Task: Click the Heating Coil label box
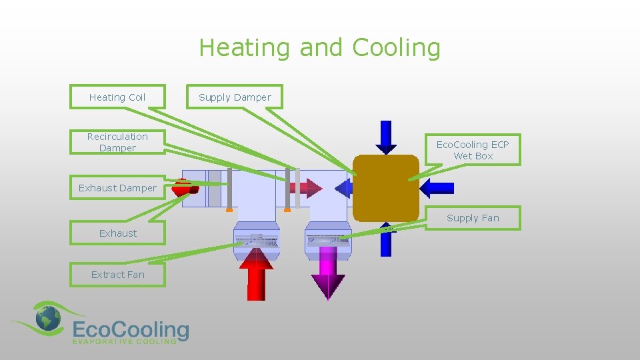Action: point(117,97)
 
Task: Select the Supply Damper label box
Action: point(235,97)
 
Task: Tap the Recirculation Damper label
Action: point(117,142)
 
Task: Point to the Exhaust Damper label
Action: point(117,188)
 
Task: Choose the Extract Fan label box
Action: point(117,275)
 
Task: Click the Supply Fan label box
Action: point(473,218)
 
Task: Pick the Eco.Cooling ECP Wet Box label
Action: point(473,150)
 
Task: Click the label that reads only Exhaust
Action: point(117,233)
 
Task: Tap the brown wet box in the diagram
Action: point(385,188)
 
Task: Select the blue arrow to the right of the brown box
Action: point(437,188)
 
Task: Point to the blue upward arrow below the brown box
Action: point(385,240)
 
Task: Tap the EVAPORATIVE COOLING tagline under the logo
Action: point(124,341)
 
